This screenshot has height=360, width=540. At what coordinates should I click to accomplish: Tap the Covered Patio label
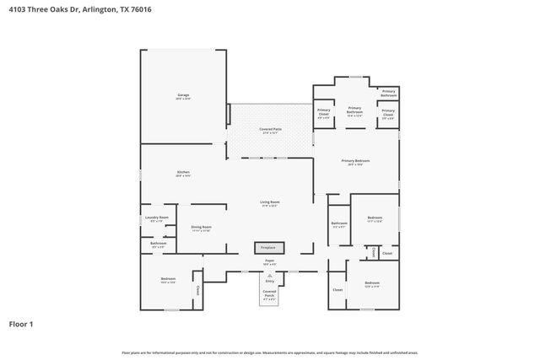270,130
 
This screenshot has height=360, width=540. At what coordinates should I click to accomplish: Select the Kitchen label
183,173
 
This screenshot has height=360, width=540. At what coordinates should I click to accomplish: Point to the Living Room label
269,203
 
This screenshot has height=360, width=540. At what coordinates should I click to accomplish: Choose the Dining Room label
201,228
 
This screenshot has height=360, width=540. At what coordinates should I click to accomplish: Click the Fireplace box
269,248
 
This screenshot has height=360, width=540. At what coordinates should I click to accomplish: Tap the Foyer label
269,261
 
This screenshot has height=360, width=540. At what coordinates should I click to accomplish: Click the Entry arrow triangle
269,274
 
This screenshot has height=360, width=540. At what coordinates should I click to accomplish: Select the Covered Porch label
269,293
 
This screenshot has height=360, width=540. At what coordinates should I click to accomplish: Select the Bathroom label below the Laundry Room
159,244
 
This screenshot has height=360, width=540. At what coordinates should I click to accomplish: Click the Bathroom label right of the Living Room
339,223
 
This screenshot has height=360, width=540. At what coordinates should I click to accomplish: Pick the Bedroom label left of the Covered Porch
168,280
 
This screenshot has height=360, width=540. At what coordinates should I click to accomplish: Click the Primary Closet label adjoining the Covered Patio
324,113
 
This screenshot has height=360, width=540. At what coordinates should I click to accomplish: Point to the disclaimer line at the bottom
269,352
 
